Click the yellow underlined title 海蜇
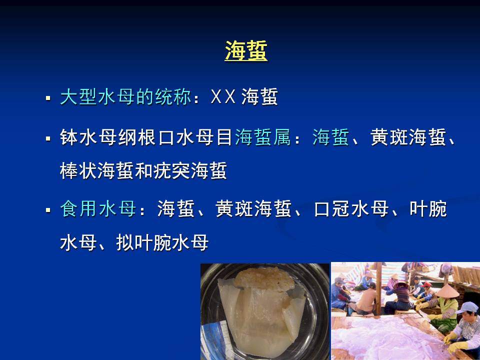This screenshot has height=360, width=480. pos(246,51)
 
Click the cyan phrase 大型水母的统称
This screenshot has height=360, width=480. pos(126,97)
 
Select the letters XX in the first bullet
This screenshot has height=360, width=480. pos(223,97)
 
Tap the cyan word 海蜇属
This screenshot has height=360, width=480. pos(262,137)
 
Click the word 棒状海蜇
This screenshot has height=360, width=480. pos(96,170)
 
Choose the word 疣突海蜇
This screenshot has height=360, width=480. pos(190,170)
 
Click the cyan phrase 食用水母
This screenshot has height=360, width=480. pos(98,209)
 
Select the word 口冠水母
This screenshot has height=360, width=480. pos(351,209)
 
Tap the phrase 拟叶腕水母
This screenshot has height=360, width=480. pos(162,242)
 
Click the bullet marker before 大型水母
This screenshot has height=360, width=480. pos(48,98)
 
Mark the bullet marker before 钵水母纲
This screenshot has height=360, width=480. pos(48,138)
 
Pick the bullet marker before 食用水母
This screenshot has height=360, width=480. pos(48,210)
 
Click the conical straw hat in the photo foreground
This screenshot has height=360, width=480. pos(447,291)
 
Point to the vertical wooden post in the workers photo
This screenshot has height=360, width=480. pos(378,288)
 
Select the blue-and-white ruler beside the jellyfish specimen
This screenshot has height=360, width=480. pos(218,336)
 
